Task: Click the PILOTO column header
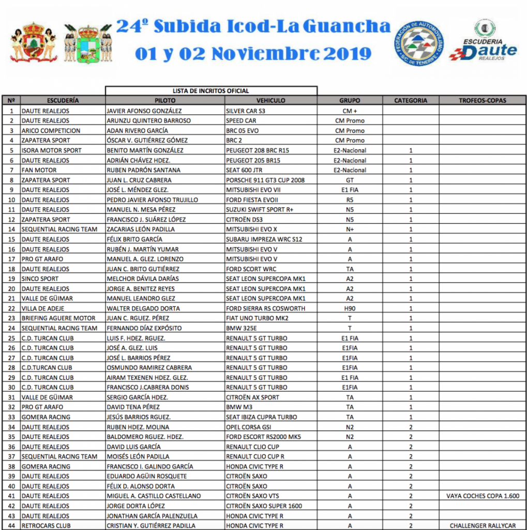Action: (165, 100)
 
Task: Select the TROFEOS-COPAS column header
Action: (482, 100)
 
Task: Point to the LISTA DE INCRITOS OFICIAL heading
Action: (210, 91)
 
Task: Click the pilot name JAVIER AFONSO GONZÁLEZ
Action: (144, 111)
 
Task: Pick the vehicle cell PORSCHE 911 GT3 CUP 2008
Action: (265, 180)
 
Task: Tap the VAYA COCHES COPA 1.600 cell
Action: (482, 496)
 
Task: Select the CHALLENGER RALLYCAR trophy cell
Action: (482, 526)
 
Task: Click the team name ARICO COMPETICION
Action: (51, 130)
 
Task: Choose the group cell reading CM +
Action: (350, 111)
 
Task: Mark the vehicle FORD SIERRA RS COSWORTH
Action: (265, 308)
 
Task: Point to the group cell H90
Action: (350, 308)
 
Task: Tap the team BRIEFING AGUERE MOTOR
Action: (58, 318)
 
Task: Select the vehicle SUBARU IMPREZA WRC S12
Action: (264, 239)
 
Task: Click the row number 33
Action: (11, 417)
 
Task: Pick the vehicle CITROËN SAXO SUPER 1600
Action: (264, 506)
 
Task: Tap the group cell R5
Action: (350, 200)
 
